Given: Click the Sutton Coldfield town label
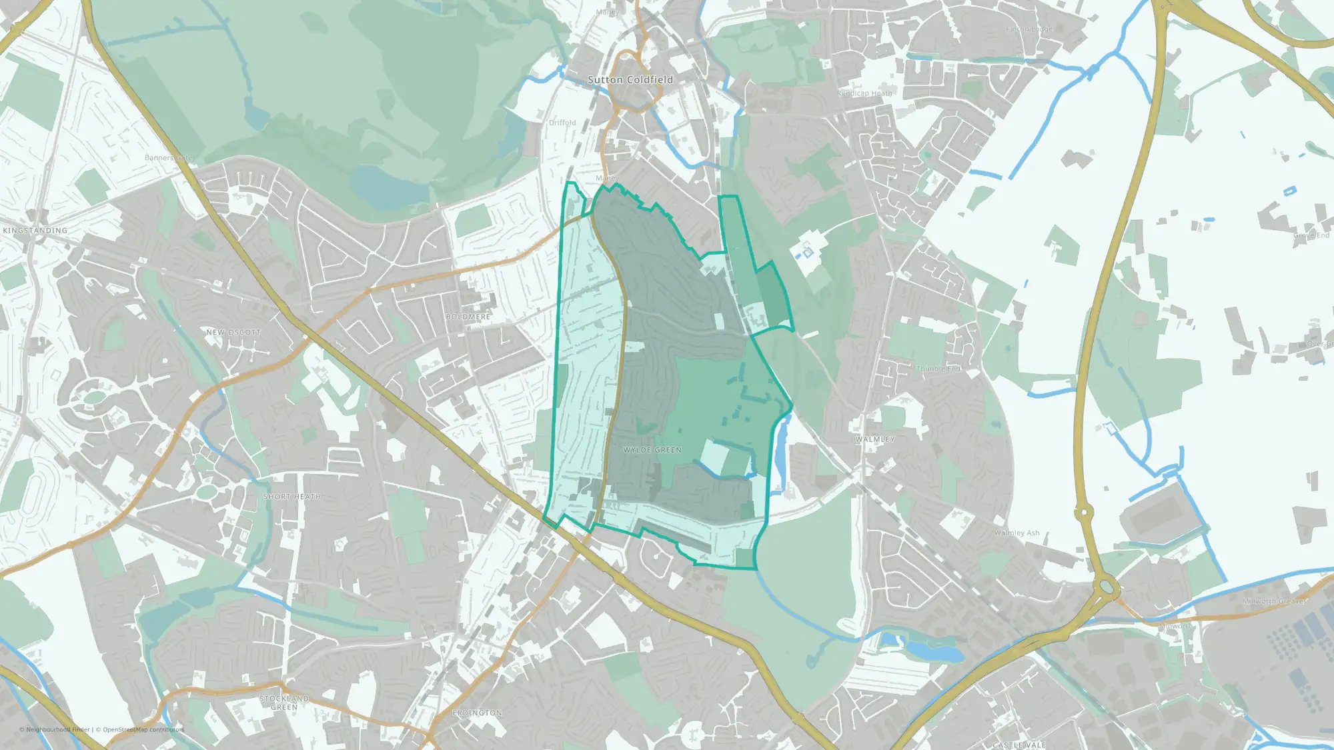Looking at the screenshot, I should pos(630,80).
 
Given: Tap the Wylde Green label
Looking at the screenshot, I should pos(652,450).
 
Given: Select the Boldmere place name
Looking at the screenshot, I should pos(468,317).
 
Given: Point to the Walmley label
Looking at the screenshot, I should pos(875,439).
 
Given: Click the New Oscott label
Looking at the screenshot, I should pos(233,332).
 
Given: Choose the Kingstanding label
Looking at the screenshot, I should pos(35,231).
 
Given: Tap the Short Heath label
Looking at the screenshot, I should pos(292,497).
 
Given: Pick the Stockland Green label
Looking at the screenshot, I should pos(284,703).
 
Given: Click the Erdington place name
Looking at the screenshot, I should pos(478,713).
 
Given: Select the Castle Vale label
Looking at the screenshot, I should pos(1019,745).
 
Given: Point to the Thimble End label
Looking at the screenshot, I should pos(938,369).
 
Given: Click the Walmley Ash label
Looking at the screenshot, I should pos(1017,533).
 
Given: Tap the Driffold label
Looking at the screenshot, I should pos(562,123).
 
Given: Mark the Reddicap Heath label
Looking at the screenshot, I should pos(864,93).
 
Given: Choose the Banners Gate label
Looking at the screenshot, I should pos(169,158).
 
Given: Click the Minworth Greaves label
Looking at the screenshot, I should pos(1275,601).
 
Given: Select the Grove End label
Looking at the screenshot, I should pos(1311,235).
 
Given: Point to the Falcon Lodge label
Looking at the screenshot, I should pos(1029,29).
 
